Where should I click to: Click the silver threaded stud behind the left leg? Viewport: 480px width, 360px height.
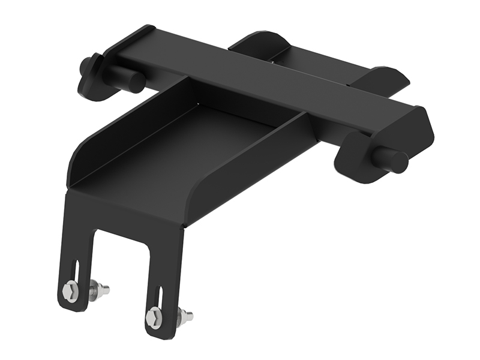tap(100, 291)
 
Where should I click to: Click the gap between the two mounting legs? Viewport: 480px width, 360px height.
tap(120, 264)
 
